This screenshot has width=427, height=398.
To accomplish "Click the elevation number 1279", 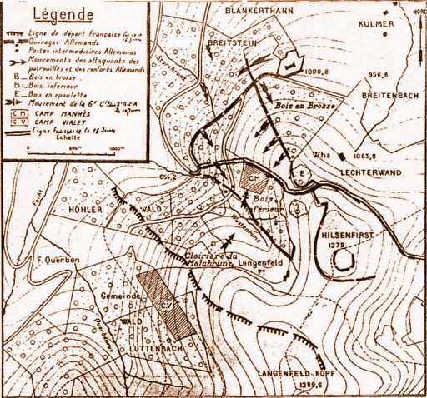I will click(335, 247).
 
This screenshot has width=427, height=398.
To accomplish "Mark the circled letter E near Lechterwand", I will click(301, 172).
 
